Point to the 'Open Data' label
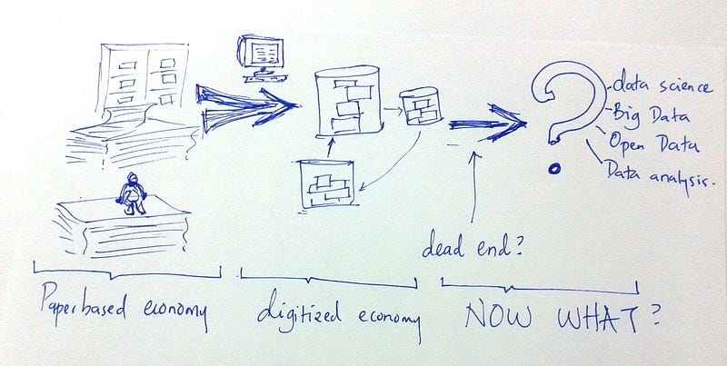point(650,143)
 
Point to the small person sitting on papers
point(134,193)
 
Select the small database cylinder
point(421,108)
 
